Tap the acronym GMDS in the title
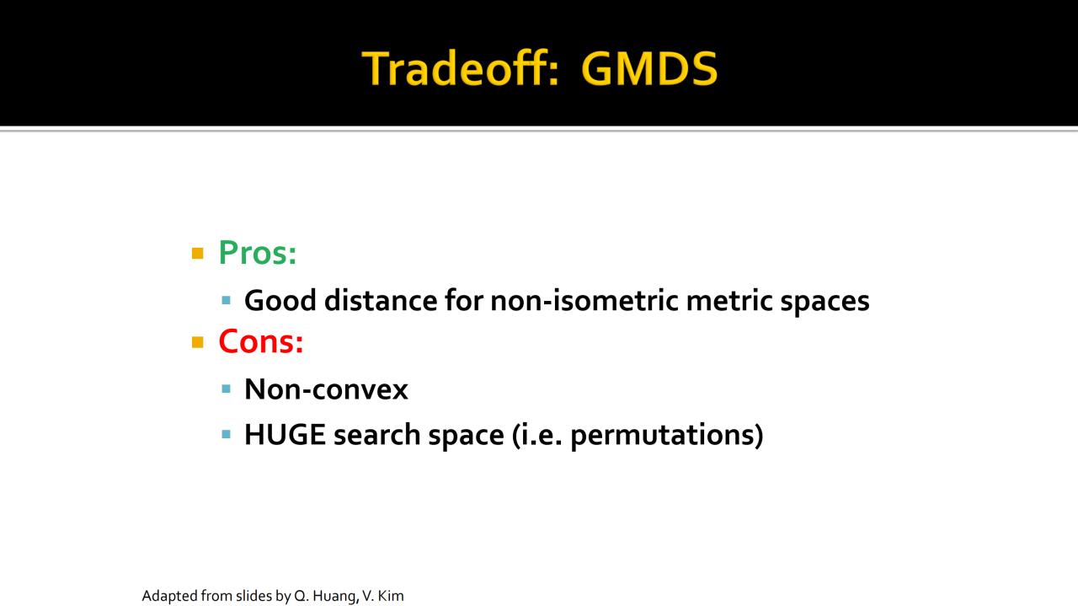(649, 69)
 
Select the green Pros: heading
(258, 252)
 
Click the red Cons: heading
(261, 341)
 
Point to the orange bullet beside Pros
(197, 254)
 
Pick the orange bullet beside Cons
(197, 342)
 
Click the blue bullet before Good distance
(227, 301)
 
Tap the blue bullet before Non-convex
(227, 389)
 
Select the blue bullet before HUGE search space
(227, 435)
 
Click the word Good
(280, 301)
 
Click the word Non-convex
(326, 389)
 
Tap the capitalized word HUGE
(285, 435)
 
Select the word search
(376, 435)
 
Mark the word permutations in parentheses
(663, 436)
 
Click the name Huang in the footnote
(334, 597)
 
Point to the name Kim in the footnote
(390, 596)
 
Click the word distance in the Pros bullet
(380, 301)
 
